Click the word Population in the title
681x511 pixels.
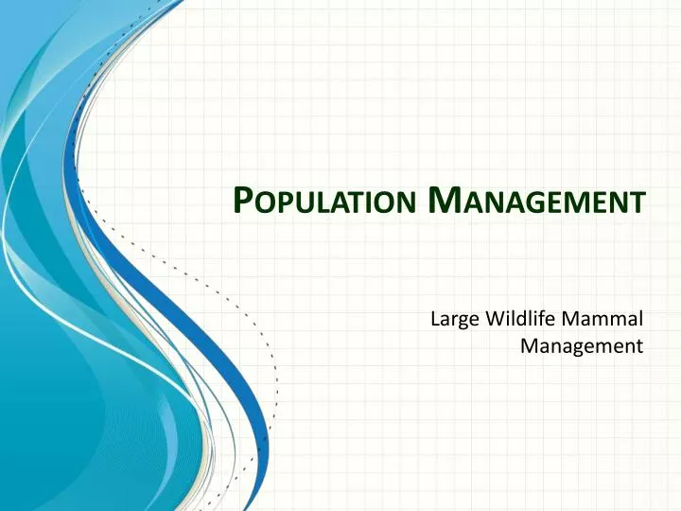[325, 202]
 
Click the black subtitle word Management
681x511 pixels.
[582, 346]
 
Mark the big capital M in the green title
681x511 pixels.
[442, 200]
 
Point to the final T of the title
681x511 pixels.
[640, 203]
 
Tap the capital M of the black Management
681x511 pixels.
[530, 346]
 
